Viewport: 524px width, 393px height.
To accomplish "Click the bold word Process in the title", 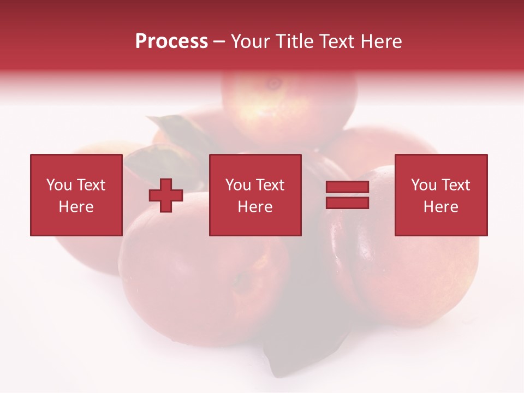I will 171,41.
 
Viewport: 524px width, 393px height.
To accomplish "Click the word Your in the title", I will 252,41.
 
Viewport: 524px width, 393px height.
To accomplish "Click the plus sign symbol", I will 166,195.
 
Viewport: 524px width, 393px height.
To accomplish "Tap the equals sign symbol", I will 347,195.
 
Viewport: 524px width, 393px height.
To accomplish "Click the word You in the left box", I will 58,185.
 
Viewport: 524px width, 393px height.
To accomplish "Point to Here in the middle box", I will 255,207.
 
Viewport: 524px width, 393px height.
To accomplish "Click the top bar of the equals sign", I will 347,188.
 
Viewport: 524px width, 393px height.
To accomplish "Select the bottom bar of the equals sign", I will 347,203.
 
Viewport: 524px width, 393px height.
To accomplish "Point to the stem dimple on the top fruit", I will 273,84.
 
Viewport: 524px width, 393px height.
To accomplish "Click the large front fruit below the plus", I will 202,284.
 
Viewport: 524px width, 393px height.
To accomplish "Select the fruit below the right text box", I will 415,273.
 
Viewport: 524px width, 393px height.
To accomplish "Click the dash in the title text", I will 219,42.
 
